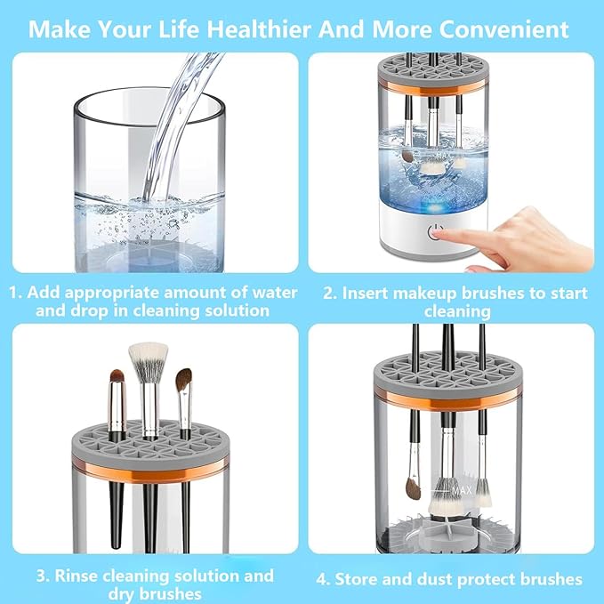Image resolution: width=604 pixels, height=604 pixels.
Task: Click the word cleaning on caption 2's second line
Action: click(456, 311)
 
